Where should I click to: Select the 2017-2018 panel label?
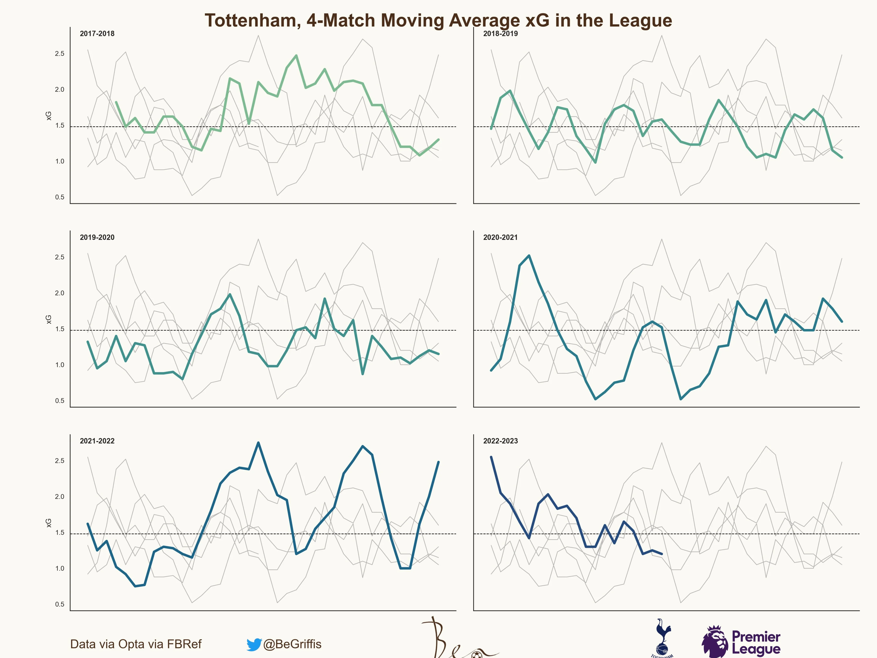(x=97, y=34)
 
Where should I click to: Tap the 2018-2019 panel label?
(x=500, y=34)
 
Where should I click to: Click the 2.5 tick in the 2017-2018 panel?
(x=60, y=54)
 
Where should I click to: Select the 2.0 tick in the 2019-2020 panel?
(x=60, y=293)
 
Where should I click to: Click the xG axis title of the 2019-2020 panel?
(x=48, y=319)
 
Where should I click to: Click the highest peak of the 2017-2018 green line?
(x=296, y=55)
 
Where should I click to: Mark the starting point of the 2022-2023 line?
(x=491, y=457)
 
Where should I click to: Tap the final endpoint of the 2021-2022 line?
(x=438, y=462)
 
